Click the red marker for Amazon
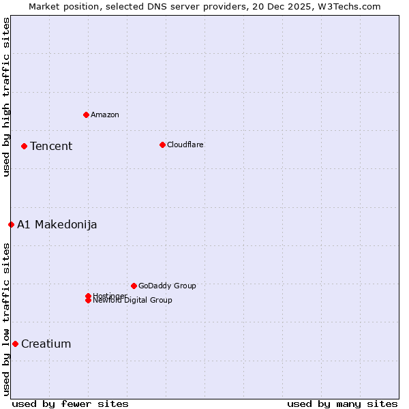coord(86,115)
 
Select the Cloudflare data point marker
coord(162,145)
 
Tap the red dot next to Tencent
coord(24,146)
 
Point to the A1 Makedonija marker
coord(11,224)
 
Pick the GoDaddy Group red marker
coord(134,286)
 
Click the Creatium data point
coord(15,344)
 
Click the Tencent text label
coord(51,146)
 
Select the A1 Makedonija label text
coord(57,224)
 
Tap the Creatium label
coord(46,344)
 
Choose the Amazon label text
coord(105,115)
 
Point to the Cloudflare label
coord(185,145)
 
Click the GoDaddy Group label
coord(167,286)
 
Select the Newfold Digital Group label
coord(133,300)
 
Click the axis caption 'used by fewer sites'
coord(70,404)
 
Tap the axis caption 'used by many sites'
coord(342,404)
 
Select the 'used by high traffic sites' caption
coord(6,97)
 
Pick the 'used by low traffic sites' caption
coord(6,319)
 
